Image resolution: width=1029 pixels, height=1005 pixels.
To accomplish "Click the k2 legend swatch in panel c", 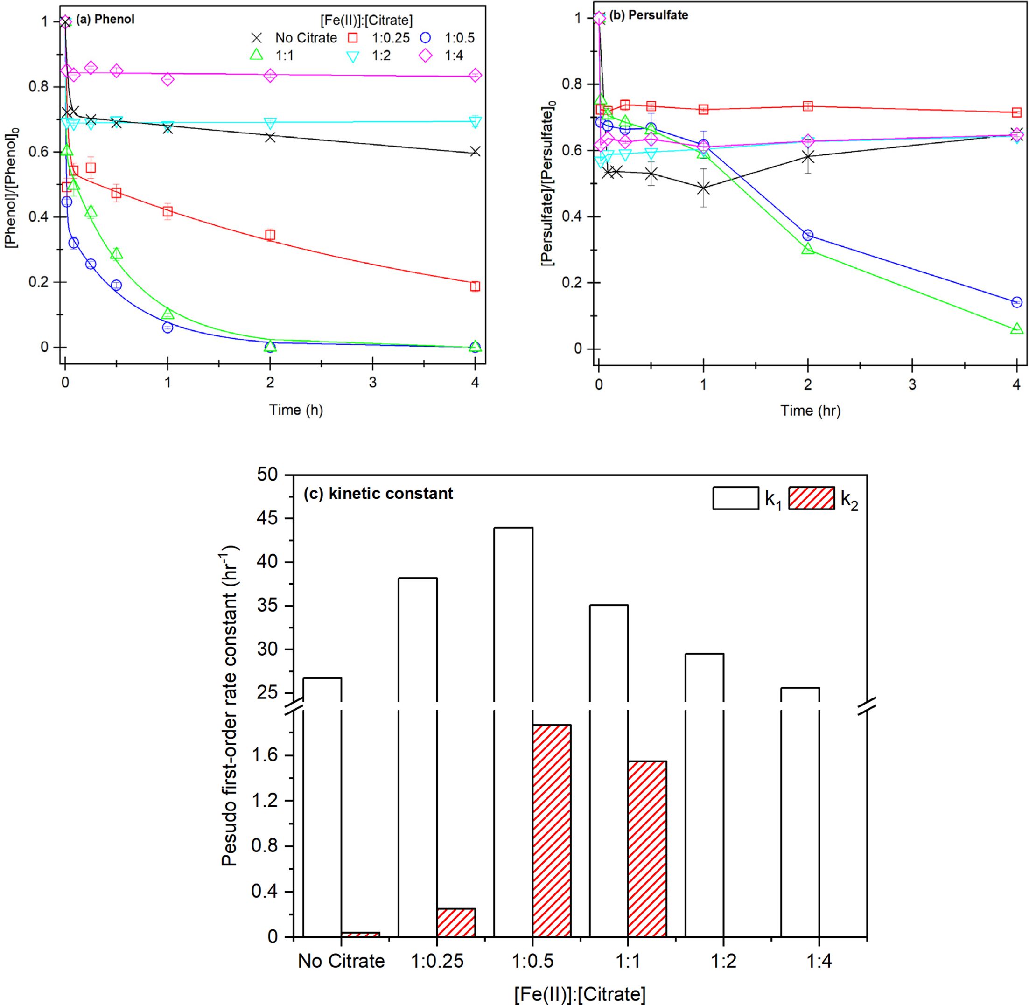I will (812, 498).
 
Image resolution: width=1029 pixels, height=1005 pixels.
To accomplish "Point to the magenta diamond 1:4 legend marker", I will (426, 56).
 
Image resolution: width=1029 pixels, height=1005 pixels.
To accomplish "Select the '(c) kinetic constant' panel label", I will (378, 494).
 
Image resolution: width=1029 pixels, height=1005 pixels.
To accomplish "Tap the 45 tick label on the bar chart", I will (268, 519).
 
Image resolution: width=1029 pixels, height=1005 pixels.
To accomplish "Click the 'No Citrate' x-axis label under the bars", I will (341, 961).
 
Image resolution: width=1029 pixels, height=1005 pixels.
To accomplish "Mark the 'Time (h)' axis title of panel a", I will (296, 410).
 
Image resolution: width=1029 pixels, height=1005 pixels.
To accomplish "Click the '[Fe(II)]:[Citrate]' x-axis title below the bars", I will (580, 994).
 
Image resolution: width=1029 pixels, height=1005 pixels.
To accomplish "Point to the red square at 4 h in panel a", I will (475, 286).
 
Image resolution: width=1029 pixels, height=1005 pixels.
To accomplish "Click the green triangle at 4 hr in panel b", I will (1016, 329).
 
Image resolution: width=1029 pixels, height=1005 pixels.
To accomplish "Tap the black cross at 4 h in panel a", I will (475, 152).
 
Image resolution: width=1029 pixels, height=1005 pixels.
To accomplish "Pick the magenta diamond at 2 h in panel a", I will (270, 75).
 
